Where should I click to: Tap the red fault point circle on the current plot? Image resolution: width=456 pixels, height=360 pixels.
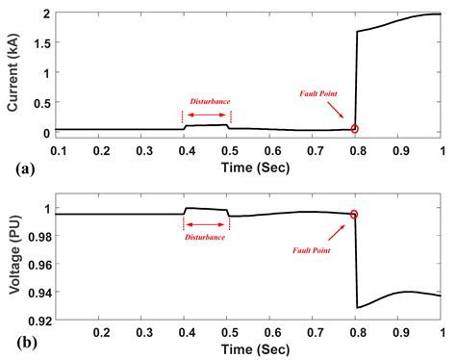click(355, 128)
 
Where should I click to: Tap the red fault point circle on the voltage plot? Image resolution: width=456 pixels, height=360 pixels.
click(355, 215)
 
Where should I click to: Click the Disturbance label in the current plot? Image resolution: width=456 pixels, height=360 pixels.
click(208, 101)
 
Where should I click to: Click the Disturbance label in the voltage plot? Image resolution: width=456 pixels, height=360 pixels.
click(206, 236)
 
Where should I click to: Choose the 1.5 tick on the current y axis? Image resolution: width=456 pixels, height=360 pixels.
click(40, 44)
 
